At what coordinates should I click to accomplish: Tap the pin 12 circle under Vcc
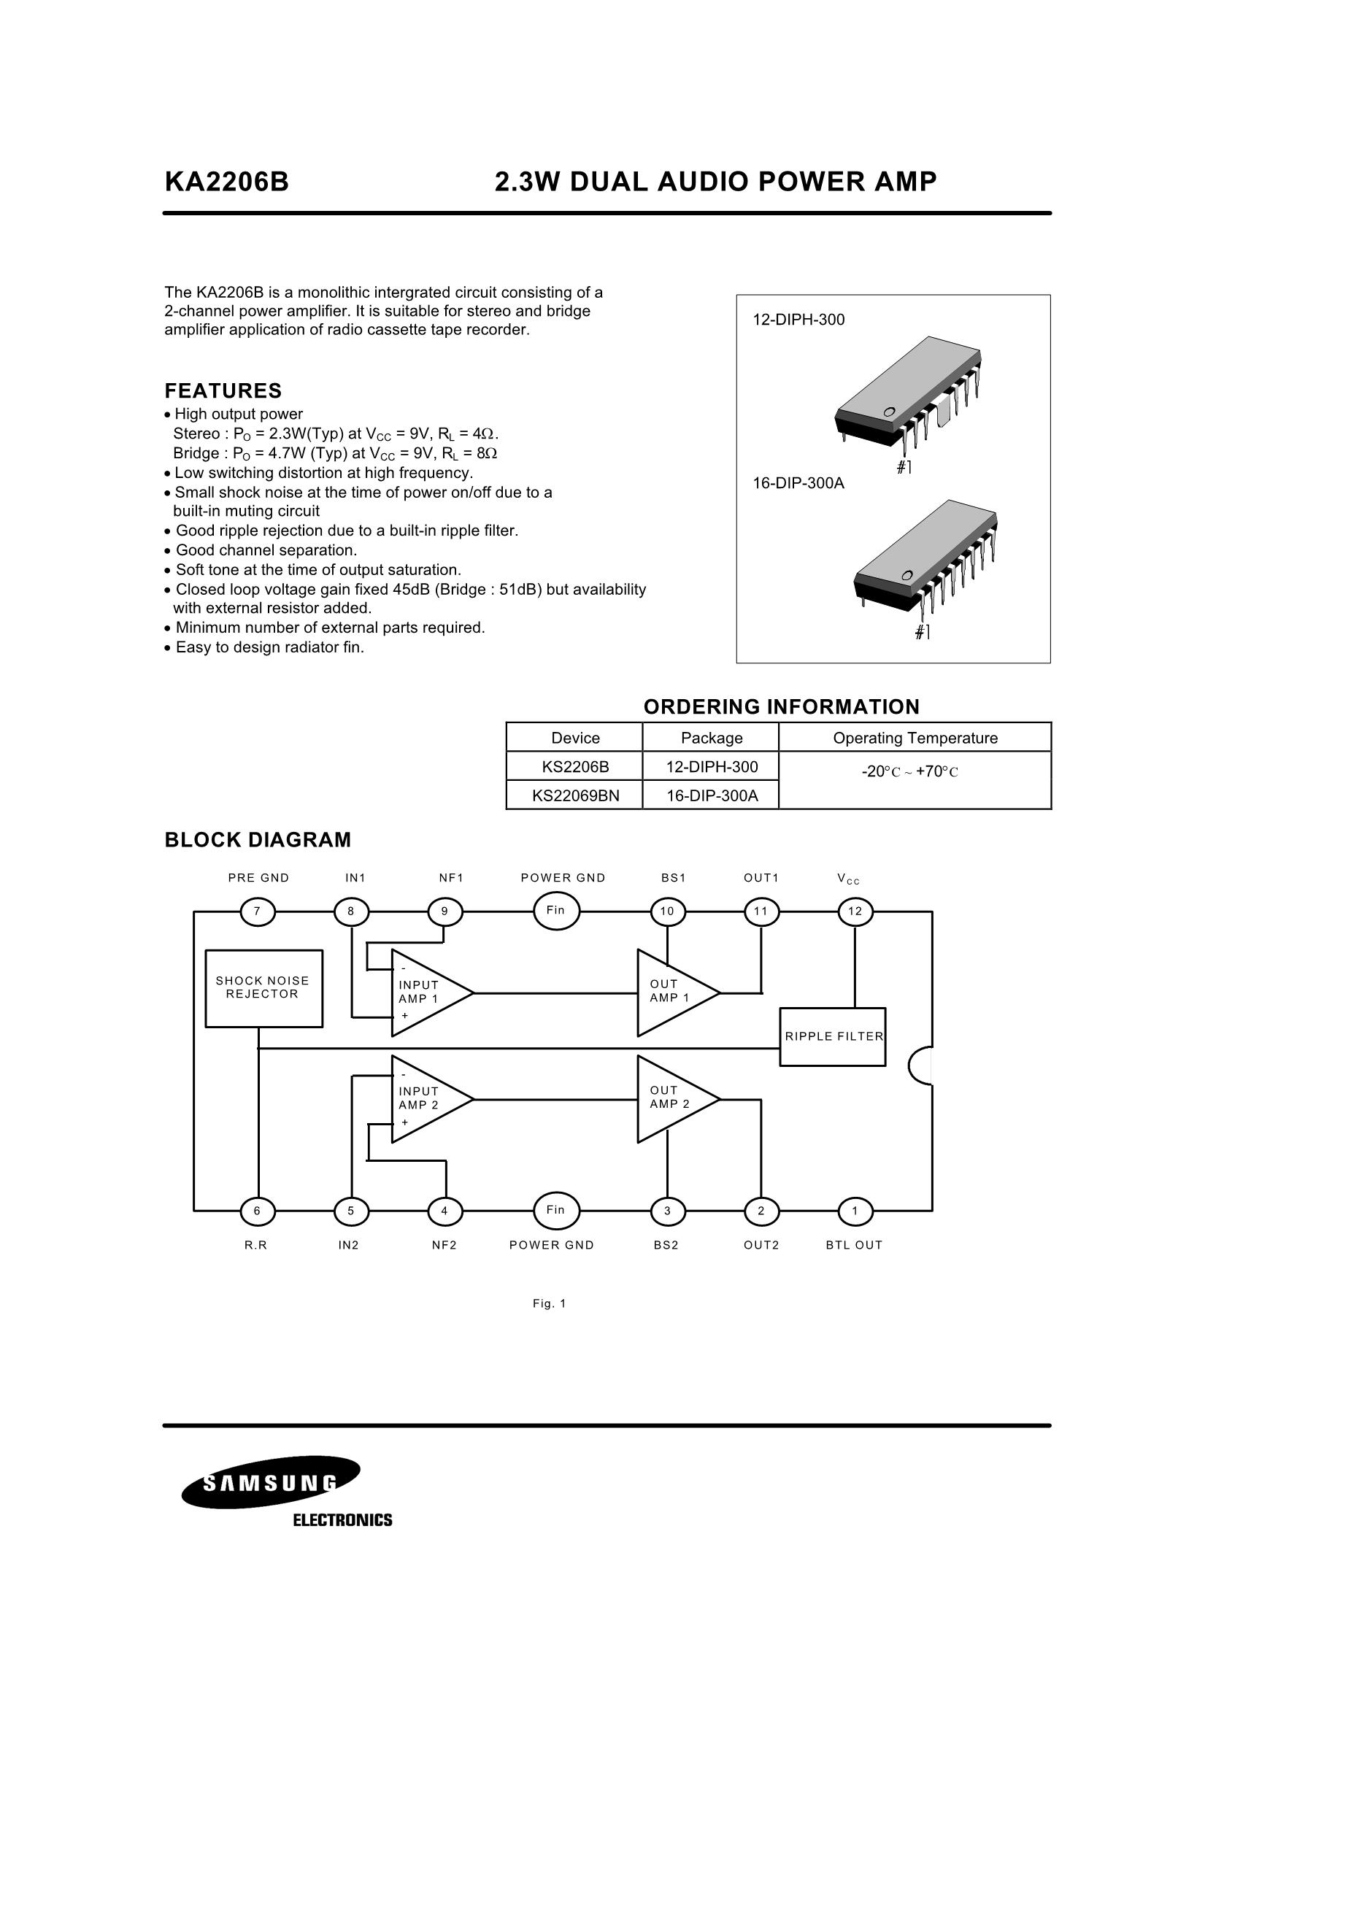point(855,911)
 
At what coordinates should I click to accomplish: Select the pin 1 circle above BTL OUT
point(855,1211)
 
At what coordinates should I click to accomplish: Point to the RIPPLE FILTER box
point(833,1037)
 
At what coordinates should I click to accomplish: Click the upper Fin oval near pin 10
point(556,910)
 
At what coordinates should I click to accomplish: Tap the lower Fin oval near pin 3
point(556,1210)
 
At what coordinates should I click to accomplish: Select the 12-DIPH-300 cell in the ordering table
point(712,766)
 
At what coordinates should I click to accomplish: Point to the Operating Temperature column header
point(915,738)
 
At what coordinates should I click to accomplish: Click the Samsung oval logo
point(272,1483)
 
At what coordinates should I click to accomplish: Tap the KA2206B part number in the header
point(226,182)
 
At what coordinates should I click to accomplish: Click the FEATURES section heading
point(223,390)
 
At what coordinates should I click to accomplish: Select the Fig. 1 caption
point(549,1304)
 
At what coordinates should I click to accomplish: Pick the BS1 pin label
point(673,878)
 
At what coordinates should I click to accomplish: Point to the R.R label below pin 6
point(255,1245)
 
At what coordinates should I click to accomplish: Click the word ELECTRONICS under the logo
point(342,1521)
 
